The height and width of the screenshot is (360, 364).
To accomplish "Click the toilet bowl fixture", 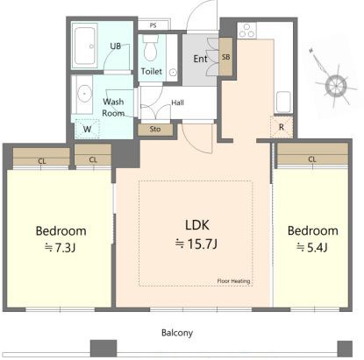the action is click(x=151, y=48).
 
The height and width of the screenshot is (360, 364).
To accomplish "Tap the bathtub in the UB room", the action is click(x=85, y=46).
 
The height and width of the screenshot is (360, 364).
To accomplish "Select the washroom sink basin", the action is click(x=84, y=94).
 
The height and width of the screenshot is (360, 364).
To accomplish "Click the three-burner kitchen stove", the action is click(x=246, y=31).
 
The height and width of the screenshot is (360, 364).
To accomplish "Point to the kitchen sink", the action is click(x=283, y=102).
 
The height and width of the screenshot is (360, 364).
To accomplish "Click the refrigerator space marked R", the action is click(x=282, y=127).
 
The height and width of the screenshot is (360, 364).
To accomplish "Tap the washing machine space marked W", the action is click(x=87, y=129).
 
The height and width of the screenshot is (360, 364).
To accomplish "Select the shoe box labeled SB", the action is click(x=225, y=57).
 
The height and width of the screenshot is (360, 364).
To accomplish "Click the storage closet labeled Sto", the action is click(x=155, y=129).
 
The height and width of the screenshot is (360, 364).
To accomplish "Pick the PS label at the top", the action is click(x=153, y=25).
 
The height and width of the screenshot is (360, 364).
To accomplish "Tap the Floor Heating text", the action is click(x=233, y=281).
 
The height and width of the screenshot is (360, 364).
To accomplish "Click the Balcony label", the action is click(x=177, y=333).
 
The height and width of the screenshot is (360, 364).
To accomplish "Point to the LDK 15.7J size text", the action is click(x=196, y=244).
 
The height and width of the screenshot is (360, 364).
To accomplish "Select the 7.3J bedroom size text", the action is click(x=60, y=248).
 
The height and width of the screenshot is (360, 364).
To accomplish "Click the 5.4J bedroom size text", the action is click(x=312, y=248).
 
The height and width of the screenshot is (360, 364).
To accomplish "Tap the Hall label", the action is click(x=177, y=102).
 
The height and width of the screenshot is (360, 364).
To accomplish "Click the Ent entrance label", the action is click(x=200, y=59).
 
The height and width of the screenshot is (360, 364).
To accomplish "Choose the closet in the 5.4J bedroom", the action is click(x=312, y=153).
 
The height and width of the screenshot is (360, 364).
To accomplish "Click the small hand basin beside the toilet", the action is click(x=173, y=72).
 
